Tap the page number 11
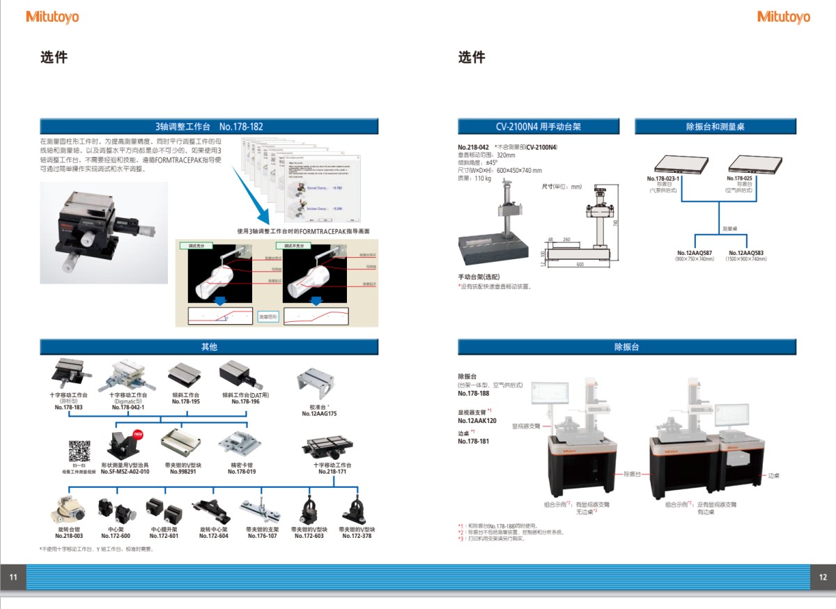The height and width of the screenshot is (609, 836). click(13, 577)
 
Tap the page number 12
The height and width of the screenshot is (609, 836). click(823, 577)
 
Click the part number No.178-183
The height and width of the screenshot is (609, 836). click(69, 407)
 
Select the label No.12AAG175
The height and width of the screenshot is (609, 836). click(319, 413)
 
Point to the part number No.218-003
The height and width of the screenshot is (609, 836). click(69, 536)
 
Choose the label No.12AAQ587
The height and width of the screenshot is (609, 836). click(695, 253)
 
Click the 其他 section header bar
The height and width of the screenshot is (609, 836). click(209, 347)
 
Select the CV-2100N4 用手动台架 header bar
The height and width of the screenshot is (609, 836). click(538, 127)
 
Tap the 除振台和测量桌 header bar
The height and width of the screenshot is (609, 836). click(715, 127)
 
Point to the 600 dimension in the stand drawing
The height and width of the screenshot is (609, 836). click(580, 264)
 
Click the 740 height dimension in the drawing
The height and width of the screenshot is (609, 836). click(615, 222)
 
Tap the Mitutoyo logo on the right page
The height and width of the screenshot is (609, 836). click(783, 17)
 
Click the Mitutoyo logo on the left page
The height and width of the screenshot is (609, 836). click(52, 17)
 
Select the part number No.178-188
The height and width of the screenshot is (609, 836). click(473, 393)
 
